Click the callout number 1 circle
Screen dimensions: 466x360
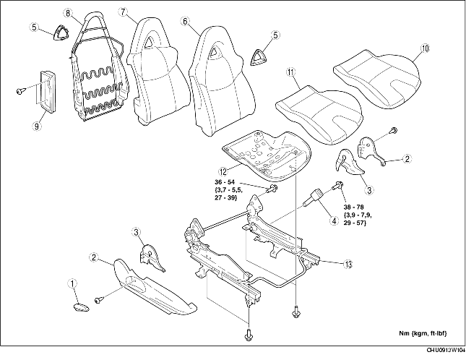tap(72, 283)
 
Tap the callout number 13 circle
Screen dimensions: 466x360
tap(348, 264)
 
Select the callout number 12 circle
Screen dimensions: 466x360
tap(223, 171)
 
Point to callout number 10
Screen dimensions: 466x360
tap(426, 48)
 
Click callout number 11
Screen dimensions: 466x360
tap(290, 72)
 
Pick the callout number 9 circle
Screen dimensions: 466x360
tap(37, 127)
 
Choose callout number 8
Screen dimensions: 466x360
tap(68, 13)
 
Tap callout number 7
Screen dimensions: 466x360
tap(123, 12)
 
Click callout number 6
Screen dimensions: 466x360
tap(185, 21)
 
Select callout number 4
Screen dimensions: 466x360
tap(334, 220)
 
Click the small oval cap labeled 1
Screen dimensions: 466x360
tap(81, 307)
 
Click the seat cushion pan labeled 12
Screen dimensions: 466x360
tap(267, 155)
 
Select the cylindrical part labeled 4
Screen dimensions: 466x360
tap(312, 197)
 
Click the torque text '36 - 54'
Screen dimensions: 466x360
tap(225, 182)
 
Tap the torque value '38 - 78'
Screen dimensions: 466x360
tap(354, 207)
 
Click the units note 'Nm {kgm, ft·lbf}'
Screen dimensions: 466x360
tap(423, 333)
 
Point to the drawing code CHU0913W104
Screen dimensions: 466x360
tap(446, 350)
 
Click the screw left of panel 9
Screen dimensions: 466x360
tap(20, 90)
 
